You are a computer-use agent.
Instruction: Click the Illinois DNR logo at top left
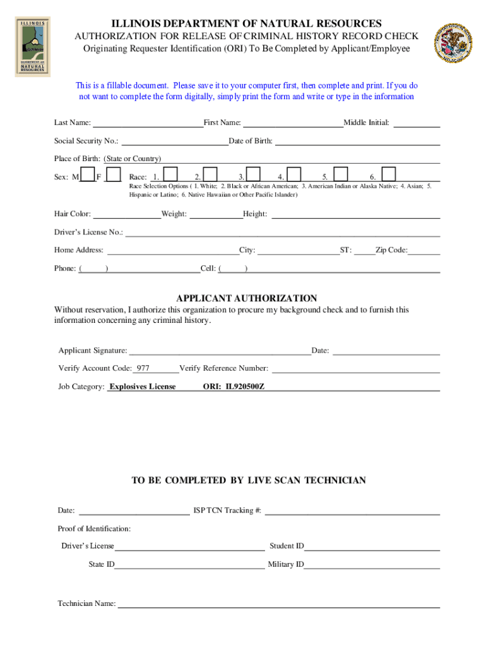click(32, 46)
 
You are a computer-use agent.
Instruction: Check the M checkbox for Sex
click(88, 175)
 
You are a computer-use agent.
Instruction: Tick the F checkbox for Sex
click(114, 175)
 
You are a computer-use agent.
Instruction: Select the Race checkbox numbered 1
click(170, 175)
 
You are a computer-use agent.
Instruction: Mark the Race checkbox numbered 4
click(294, 175)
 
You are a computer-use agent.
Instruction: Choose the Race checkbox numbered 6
click(389, 175)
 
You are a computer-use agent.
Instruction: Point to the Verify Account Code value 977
click(143, 368)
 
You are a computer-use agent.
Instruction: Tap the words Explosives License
click(143, 387)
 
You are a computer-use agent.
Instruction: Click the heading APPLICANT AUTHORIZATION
click(246, 298)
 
